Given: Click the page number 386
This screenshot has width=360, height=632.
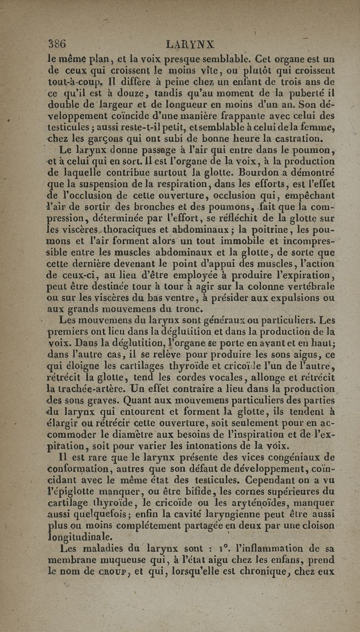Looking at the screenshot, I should click(x=58, y=45).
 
